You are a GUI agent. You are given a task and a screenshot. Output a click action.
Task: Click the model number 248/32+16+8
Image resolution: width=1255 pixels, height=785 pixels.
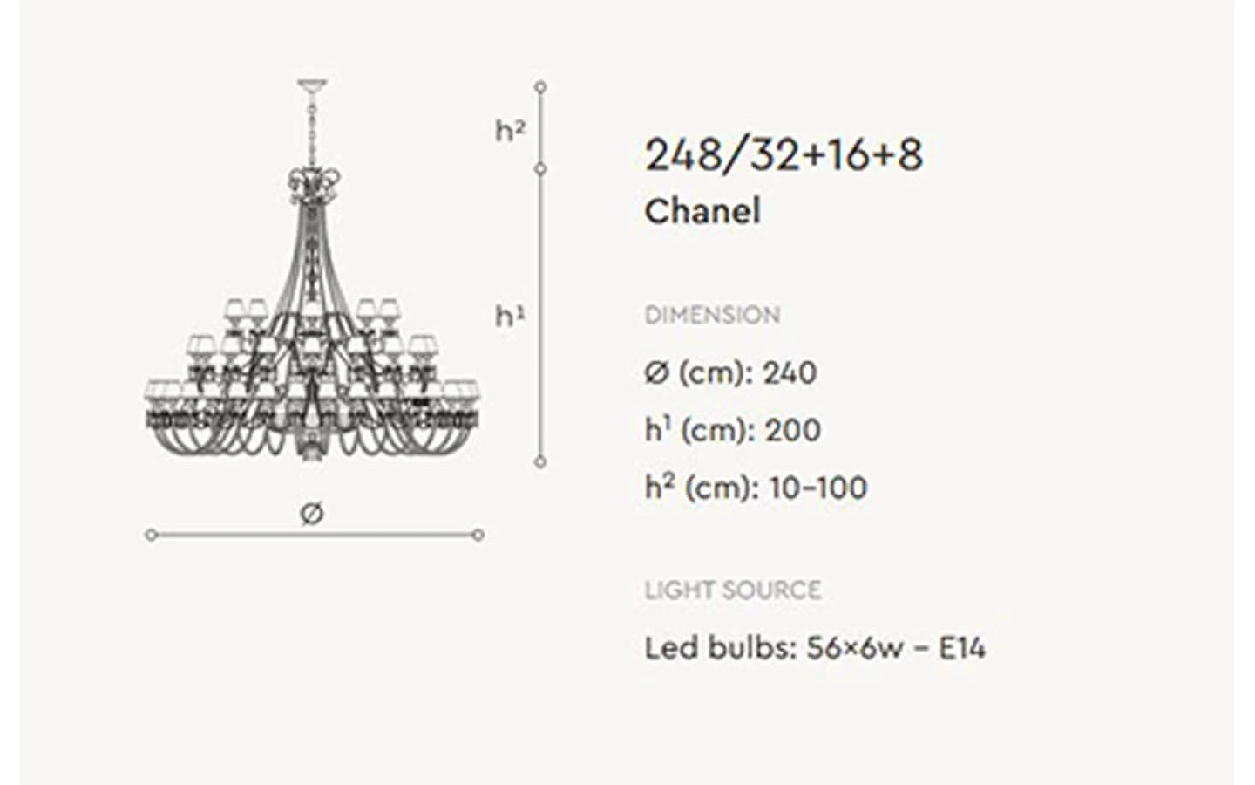tap(784, 155)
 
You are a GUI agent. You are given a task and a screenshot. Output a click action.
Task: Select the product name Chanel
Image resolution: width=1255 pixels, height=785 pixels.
tap(702, 211)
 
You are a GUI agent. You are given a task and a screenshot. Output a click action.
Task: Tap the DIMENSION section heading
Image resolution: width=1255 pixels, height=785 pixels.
tap(712, 315)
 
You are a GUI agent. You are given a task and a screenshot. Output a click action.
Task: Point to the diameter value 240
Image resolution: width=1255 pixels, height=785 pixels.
tap(790, 373)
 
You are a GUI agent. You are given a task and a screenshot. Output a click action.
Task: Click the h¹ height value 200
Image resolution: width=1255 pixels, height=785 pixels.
tap(793, 431)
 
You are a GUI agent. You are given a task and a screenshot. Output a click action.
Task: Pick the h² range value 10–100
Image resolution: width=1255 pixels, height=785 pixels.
tap(818, 488)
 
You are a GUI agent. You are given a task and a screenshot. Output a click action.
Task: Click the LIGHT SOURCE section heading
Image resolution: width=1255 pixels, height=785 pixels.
tap(733, 590)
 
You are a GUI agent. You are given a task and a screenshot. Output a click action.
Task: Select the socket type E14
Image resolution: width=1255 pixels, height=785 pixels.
tap(962, 649)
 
